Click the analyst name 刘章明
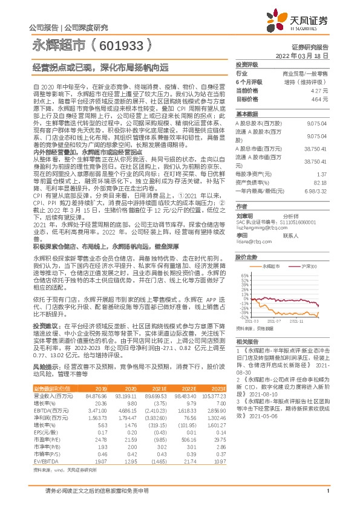[244, 214]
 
